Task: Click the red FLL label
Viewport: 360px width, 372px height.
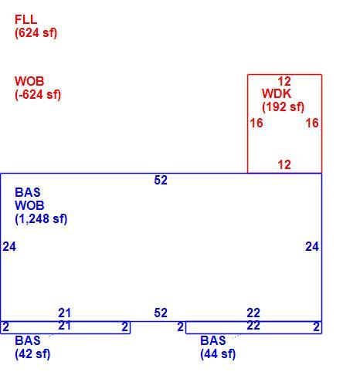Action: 25,19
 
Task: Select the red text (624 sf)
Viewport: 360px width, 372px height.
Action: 36,32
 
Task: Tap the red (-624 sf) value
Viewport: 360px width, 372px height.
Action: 38,94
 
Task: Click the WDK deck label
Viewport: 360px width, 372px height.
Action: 277,93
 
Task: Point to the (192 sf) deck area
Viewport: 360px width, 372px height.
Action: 283,107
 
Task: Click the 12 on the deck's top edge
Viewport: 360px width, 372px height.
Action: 284,82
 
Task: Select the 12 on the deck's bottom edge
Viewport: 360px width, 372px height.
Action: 284,164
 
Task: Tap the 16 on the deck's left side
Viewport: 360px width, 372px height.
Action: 256,123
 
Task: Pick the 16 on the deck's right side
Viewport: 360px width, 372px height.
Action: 312,123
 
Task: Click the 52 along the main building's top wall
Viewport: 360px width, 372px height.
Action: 161,180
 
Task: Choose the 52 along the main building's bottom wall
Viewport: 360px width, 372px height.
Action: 161,313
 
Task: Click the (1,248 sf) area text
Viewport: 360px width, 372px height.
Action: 41,218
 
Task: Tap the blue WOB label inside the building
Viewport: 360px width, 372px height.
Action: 29,205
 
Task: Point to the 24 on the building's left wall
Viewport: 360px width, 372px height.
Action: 9,246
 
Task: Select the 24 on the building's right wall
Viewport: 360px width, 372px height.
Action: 312,246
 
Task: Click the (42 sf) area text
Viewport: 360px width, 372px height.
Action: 32,353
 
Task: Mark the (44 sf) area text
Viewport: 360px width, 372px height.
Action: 218,353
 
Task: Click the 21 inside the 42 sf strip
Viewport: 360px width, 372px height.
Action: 64,326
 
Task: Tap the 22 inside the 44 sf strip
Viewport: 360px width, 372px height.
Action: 253,326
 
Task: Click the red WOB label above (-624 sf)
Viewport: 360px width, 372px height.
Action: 29,81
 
